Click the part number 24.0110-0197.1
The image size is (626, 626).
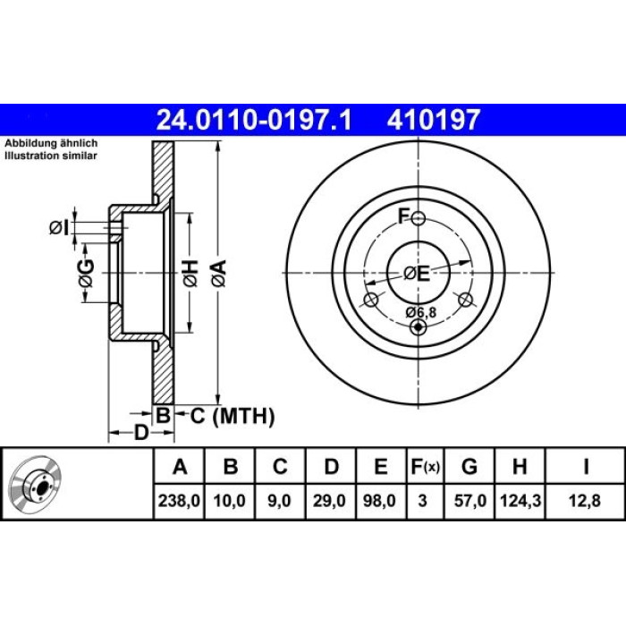(254, 120)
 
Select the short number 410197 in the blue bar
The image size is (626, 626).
(433, 120)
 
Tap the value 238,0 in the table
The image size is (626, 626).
(179, 501)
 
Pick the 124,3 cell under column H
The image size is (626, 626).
(520, 501)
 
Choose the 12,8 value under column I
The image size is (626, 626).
(585, 501)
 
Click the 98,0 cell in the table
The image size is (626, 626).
(379, 501)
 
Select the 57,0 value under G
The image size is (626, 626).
(470, 501)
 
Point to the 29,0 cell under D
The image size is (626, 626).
(329, 501)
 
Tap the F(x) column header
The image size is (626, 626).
(426, 466)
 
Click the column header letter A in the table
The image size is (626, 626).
(180, 466)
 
